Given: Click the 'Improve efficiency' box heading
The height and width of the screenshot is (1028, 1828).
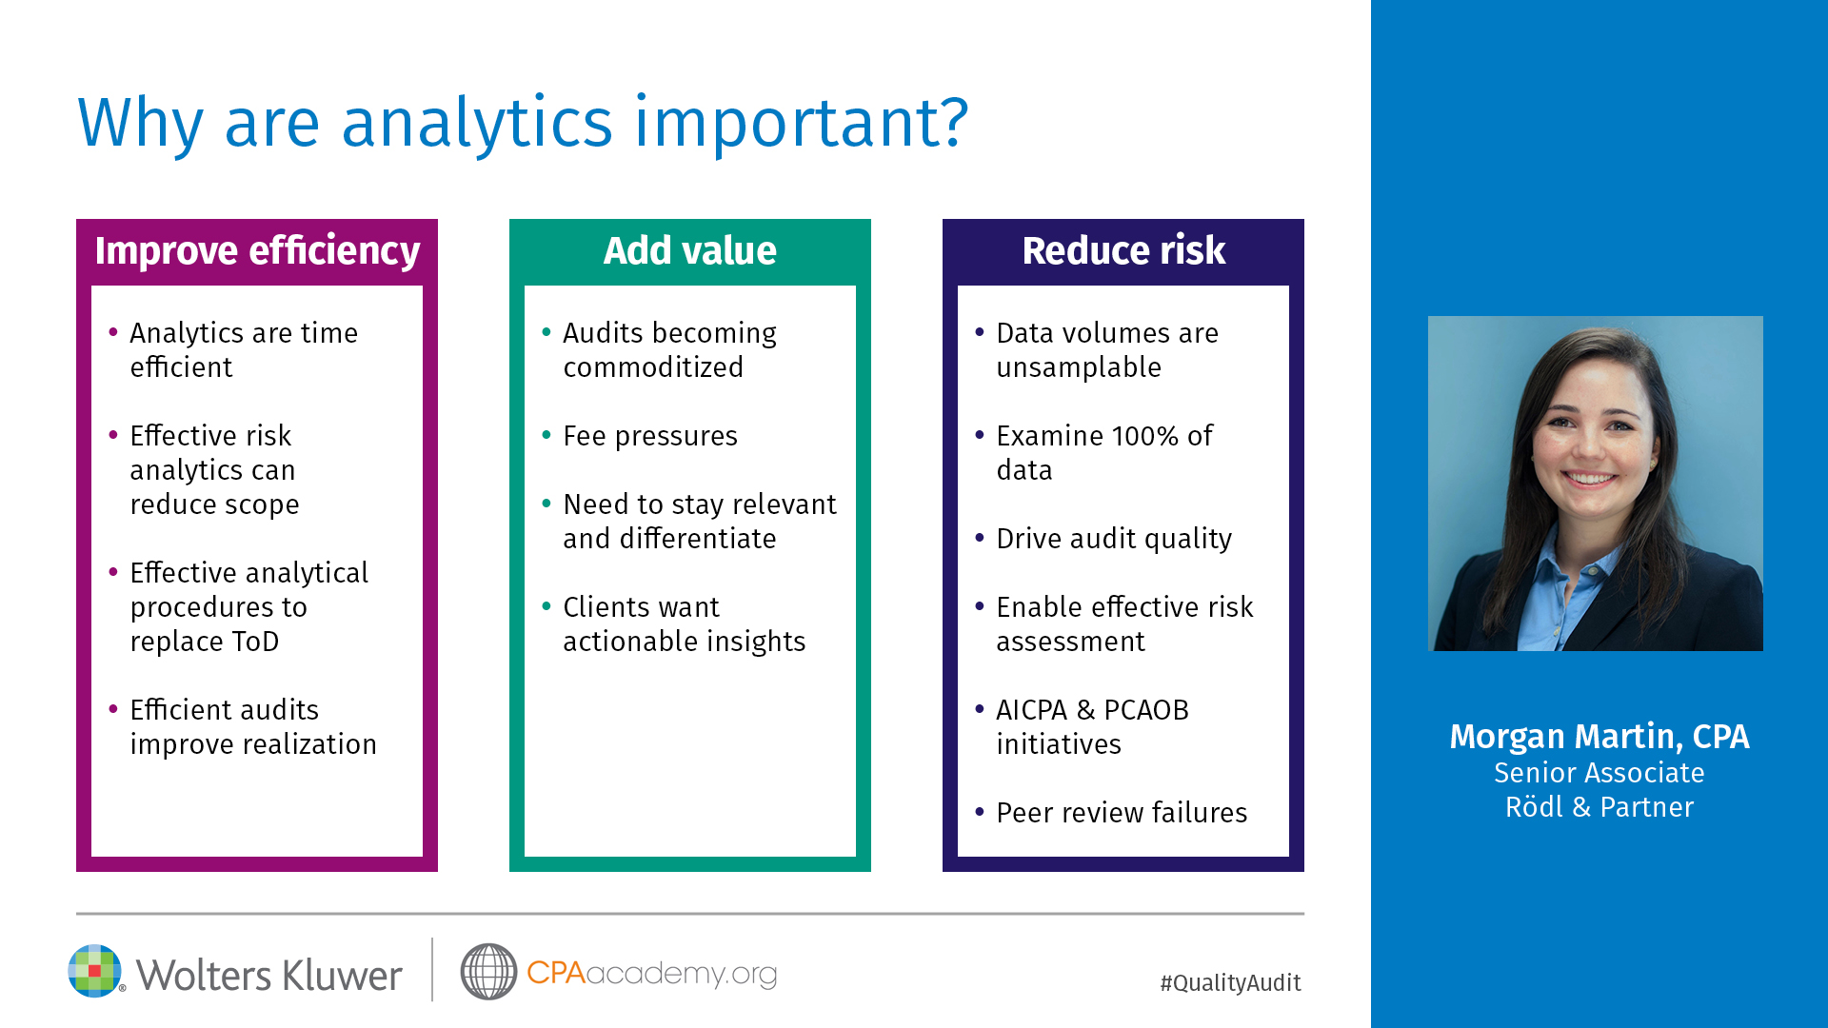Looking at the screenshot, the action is pyautogui.click(x=257, y=251).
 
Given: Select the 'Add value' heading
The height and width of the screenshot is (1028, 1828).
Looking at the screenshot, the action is pyautogui.click(x=690, y=251).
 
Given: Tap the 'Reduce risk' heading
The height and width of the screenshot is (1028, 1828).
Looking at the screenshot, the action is pyautogui.click(x=1123, y=251).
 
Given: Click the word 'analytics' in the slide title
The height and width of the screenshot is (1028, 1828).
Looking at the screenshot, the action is pyautogui.click(x=477, y=124).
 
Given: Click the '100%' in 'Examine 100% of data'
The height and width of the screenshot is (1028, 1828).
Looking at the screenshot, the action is pyautogui.click(x=1145, y=436).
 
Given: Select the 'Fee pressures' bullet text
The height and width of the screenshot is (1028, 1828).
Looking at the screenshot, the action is pyautogui.click(x=650, y=437).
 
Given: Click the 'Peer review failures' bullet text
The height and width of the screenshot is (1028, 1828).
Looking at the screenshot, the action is pyautogui.click(x=1122, y=813).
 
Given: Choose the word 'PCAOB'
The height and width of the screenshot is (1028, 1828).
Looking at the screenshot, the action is pyautogui.click(x=1146, y=710).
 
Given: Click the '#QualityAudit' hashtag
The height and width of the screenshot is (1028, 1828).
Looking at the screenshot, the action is pyautogui.click(x=1230, y=983).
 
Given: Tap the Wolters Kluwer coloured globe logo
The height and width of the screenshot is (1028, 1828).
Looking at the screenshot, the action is pyautogui.click(x=95, y=971).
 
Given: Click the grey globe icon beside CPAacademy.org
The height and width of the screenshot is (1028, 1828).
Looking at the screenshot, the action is pyautogui.click(x=488, y=972).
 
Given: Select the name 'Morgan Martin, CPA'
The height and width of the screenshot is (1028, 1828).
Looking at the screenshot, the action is pyautogui.click(x=1599, y=737).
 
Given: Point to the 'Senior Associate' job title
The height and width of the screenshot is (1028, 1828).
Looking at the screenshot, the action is pyautogui.click(x=1599, y=773).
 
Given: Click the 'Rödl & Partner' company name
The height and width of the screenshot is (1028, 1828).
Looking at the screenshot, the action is pyautogui.click(x=1599, y=807).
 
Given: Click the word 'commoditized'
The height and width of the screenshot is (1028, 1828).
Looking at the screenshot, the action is pyautogui.click(x=653, y=367).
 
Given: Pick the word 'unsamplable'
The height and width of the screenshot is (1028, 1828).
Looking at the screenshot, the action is pyautogui.click(x=1079, y=368).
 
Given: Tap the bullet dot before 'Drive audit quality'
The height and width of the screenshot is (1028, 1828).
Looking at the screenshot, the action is pyautogui.click(x=980, y=538).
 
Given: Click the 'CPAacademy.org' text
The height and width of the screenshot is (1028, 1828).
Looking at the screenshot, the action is pyautogui.click(x=651, y=974).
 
